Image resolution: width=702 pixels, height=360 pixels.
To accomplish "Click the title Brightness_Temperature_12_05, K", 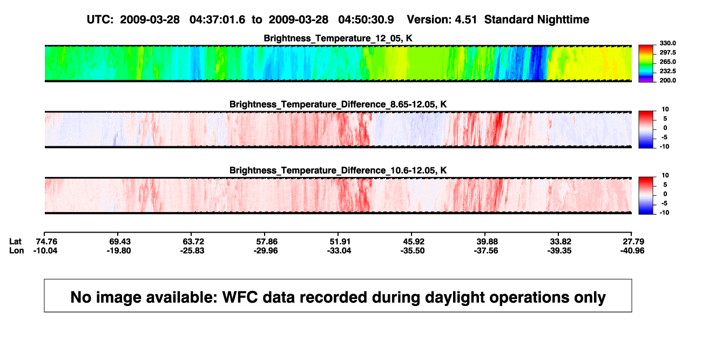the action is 338,38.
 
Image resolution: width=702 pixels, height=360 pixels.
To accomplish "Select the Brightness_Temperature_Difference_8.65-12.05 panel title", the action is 338,104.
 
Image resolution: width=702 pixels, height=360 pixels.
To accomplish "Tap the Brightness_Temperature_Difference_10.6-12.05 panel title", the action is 338,171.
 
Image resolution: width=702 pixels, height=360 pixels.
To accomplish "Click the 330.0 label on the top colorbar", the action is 667,43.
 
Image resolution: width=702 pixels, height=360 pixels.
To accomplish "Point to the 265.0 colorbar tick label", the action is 667,62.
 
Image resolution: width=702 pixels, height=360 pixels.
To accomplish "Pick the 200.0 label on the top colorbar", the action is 667,80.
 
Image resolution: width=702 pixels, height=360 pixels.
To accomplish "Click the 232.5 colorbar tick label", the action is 667,71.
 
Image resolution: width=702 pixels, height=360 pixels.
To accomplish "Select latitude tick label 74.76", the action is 46,242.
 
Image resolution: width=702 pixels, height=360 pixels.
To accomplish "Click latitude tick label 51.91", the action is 340,242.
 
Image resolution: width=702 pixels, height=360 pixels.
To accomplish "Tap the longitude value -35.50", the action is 413,251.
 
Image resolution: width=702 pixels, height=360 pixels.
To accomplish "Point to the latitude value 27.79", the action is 633,242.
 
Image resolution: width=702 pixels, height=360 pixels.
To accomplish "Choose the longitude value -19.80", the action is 119,251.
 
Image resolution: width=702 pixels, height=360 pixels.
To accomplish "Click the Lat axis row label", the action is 15,242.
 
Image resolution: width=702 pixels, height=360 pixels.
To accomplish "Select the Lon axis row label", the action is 16,251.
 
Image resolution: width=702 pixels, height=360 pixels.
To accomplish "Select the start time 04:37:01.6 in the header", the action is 217,20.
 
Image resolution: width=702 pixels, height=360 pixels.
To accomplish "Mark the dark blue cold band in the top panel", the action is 538,63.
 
